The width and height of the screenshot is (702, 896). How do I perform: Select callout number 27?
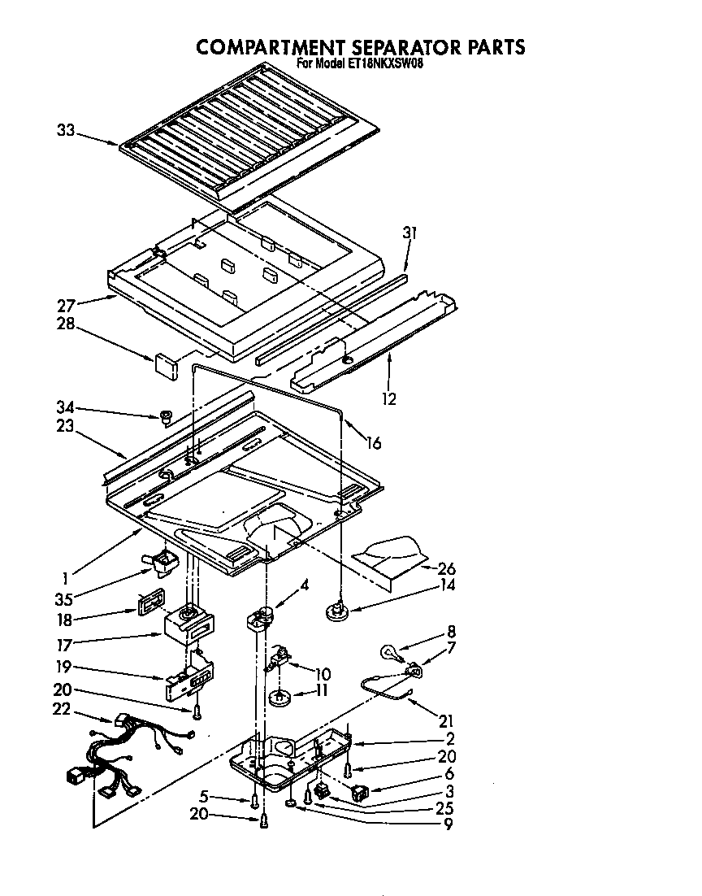[x=67, y=307]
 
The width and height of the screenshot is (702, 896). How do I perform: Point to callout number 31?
[x=409, y=233]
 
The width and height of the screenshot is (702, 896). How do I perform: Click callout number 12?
[x=389, y=399]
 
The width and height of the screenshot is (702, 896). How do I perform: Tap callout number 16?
[x=373, y=443]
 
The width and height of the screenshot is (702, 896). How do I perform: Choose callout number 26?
[x=446, y=568]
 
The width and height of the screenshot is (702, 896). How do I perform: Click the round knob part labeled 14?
[x=335, y=611]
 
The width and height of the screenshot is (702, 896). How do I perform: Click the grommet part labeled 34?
[x=166, y=417]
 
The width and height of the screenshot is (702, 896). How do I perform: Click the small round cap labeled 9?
[x=291, y=804]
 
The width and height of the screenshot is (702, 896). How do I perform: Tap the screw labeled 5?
[x=254, y=802]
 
